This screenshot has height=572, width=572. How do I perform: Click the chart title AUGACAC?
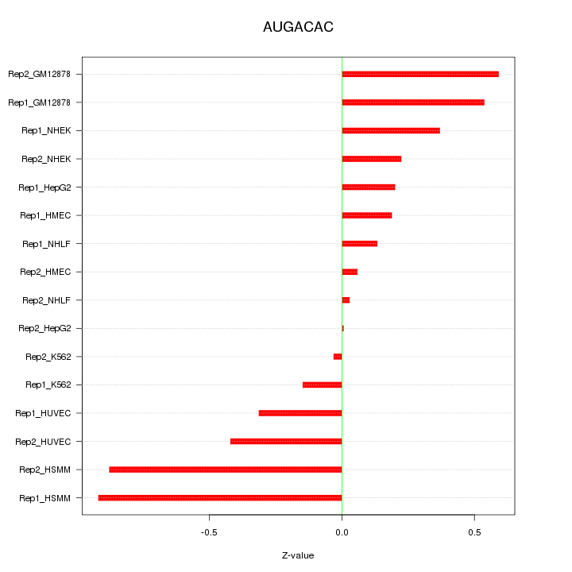click(x=298, y=28)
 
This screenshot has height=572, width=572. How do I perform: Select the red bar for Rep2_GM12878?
click(x=420, y=75)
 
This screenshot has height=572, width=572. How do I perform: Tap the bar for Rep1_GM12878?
click(x=413, y=102)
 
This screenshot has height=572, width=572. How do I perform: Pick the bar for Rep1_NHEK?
click(x=391, y=131)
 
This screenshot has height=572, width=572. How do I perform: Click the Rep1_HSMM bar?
click(x=220, y=498)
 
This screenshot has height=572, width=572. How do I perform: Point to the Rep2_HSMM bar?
click(x=226, y=470)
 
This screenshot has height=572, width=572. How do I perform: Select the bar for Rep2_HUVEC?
click(x=286, y=442)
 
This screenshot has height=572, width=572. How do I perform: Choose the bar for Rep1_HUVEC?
click(x=300, y=413)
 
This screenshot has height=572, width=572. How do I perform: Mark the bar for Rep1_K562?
click(x=323, y=385)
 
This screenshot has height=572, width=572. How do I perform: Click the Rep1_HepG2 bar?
click(x=369, y=187)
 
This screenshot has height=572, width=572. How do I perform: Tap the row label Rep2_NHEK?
click(x=46, y=159)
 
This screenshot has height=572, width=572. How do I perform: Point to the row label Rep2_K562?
click(x=48, y=357)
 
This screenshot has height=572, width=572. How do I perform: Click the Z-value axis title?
click(x=298, y=555)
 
